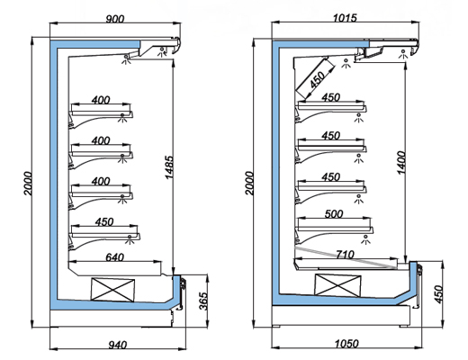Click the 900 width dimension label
[x=115, y=19]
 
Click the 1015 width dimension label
[x=345, y=18]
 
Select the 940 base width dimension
[x=117, y=345]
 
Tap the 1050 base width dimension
[x=346, y=344]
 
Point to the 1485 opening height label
[x=169, y=167]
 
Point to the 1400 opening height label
[x=401, y=163]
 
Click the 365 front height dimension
[x=203, y=301]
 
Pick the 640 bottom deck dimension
[x=115, y=257]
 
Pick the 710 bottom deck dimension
[x=345, y=255]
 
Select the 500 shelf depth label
[x=334, y=214]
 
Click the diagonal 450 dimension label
[x=317, y=80]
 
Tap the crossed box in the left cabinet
[x=112, y=290]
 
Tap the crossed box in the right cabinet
[x=337, y=285]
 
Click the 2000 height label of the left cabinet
[x=28, y=184]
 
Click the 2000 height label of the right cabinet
[x=249, y=184]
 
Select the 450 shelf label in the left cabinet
[x=104, y=222]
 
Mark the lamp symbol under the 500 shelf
[x=365, y=239]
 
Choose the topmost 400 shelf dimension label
[x=101, y=100]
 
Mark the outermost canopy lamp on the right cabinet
[x=403, y=54]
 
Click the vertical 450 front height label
[x=438, y=294]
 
